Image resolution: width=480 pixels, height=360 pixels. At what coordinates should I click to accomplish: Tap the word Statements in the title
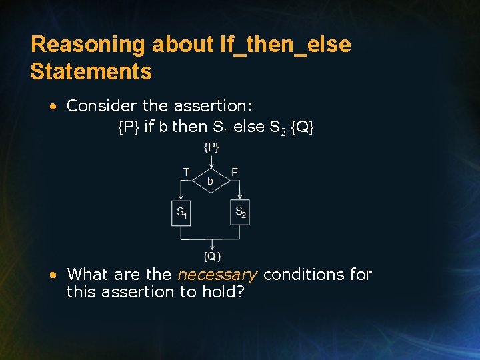91,71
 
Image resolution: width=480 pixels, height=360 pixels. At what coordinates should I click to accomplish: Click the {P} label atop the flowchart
211,147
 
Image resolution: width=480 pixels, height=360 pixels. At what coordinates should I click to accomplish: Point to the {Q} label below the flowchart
212,257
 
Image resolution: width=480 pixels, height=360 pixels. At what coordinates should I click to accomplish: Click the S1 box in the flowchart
181,213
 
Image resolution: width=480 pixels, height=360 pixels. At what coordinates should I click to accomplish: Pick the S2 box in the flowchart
240,213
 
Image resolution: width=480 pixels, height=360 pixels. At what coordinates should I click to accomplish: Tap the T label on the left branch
186,172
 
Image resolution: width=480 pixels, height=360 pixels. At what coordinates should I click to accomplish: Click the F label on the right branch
235,172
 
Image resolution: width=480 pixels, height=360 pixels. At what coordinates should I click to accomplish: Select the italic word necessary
217,274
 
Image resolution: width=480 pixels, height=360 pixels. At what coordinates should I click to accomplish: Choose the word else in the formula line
250,127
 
